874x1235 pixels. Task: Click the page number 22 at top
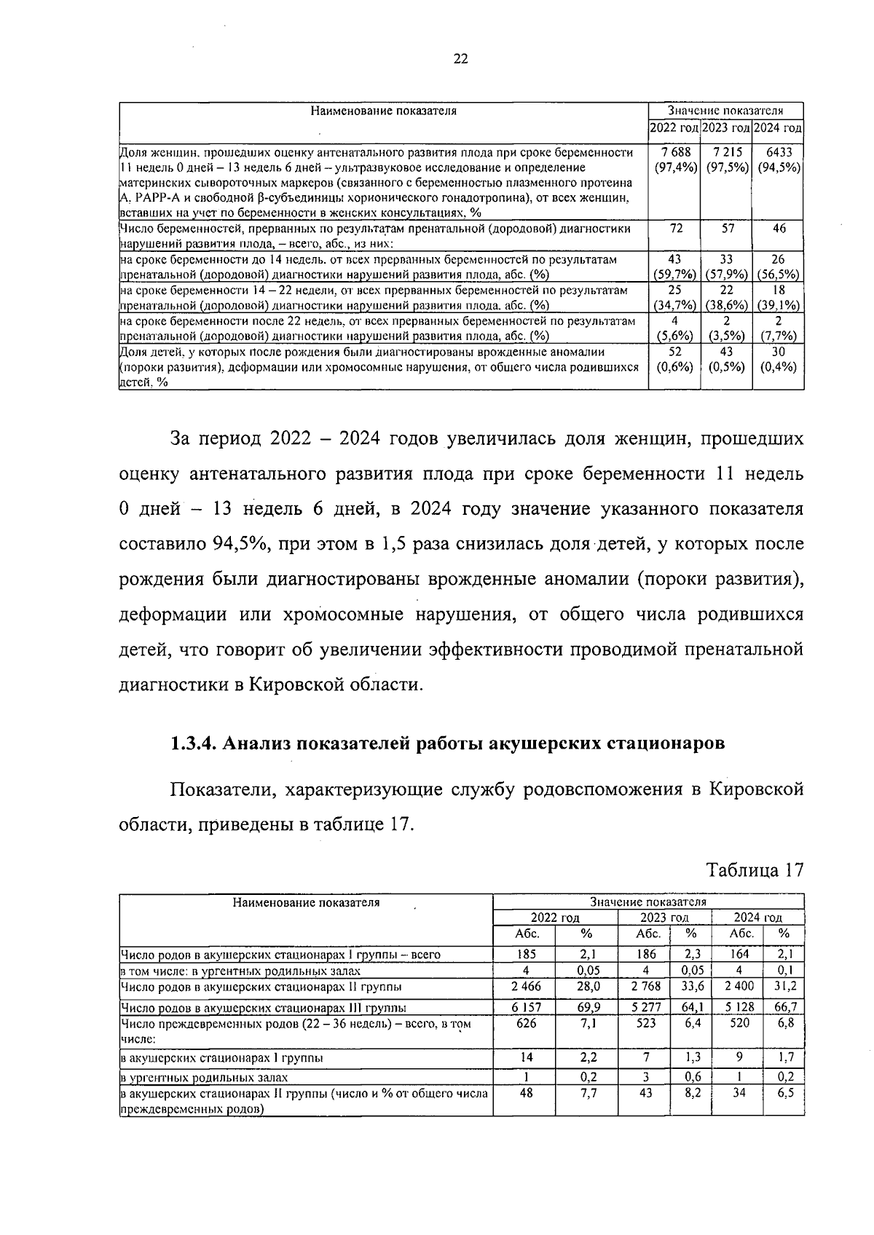(x=460, y=60)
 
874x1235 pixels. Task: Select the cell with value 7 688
(x=674, y=152)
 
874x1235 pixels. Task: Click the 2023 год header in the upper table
(x=726, y=128)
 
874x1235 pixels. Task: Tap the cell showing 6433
(x=779, y=152)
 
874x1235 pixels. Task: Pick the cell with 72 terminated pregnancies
(x=674, y=229)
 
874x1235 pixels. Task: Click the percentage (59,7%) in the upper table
(x=674, y=275)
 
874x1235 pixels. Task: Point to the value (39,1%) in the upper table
(x=779, y=305)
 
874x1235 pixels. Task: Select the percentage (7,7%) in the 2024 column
(x=779, y=336)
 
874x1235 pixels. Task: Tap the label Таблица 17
(x=755, y=870)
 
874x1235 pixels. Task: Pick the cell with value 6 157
(x=524, y=1007)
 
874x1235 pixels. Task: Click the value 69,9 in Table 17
(x=587, y=1007)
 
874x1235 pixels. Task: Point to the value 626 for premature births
(x=524, y=1023)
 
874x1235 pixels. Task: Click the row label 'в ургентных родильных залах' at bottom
(x=204, y=1078)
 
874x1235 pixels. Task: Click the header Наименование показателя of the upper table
(x=383, y=111)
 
